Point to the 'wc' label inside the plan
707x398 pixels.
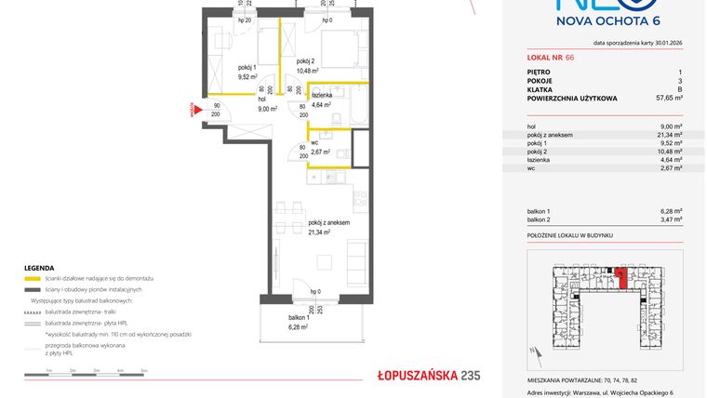316,141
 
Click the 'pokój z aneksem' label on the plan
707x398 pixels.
329,221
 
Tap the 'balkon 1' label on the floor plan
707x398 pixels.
300,318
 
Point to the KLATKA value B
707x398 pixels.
679,88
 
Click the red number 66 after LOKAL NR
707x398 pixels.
570,58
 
